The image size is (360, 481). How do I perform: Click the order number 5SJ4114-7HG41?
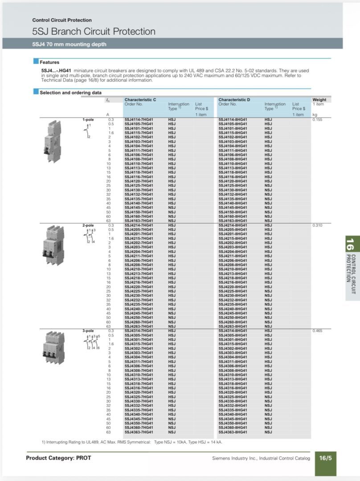(x=139, y=119)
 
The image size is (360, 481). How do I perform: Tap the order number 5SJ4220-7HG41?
(x=139, y=287)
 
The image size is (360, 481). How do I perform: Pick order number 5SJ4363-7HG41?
(x=139, y=432)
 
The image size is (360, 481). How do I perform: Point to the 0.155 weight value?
(x=317, y=119)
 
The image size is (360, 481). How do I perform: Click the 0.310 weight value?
(x=317, y=225)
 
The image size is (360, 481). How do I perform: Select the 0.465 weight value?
(x=317, y=331)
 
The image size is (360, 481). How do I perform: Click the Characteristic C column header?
(x=140, y=100)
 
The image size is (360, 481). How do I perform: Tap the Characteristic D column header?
(x=234, y=100)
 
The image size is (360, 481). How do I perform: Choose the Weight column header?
(x=319, y=100)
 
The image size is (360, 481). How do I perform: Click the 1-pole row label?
(x=88, y=119)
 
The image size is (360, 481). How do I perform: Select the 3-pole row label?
(x=88, y=331)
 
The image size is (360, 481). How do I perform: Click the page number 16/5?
(x=325, y=458)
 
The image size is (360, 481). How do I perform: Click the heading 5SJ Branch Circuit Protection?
(x=94, y=32)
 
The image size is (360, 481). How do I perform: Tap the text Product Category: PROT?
(x=58, y=458)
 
